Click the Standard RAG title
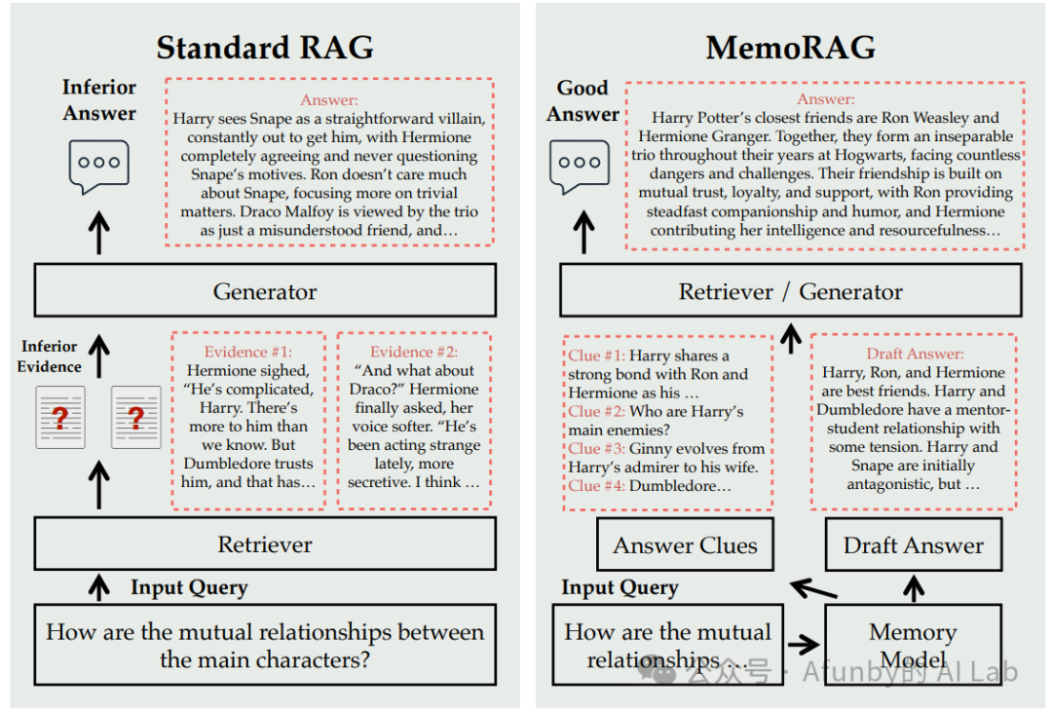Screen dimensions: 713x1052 [265, 48]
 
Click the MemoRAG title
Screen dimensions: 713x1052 [790, 48]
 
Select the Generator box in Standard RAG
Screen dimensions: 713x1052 [265, 291]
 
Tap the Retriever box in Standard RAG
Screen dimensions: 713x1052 [265, 544]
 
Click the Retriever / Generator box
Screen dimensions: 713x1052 [790, 291]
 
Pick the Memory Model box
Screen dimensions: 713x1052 [913, 645]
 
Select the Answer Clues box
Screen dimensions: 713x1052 [685, 545]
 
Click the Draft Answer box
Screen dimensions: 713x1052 [913, 545]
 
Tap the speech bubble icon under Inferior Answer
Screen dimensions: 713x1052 [98, 165]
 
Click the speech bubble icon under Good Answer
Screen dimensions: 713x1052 [580, 165]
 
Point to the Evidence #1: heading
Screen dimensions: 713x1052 [247, 352]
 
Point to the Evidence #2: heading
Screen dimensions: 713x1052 [413, 352]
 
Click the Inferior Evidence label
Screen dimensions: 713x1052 [50, 356]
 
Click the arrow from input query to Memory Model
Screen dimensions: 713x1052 [804, 644]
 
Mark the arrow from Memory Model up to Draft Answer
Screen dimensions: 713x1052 [913, 587]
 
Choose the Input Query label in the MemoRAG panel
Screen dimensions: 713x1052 [620, 588]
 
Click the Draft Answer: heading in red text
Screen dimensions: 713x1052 [915, 354]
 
